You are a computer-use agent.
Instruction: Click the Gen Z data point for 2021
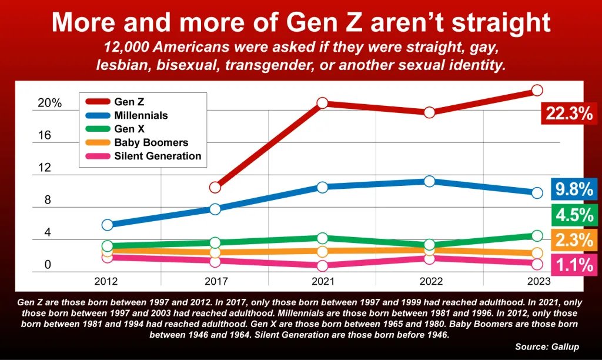(322, 103)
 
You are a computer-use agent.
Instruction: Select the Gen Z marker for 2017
(215, 187)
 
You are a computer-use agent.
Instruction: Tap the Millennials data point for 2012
(108, 225)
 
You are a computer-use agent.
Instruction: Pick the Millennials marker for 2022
(430, 181)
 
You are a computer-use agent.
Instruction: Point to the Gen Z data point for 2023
(537, 90)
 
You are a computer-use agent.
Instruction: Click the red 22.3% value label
(568, 114)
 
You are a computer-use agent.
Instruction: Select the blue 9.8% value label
(573, 189)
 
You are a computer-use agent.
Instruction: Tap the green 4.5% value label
(573, 215)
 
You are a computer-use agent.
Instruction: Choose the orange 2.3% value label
(573, 240)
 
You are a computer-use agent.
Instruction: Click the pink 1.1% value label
(573, 265)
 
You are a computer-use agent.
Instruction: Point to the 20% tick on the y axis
(50, 104)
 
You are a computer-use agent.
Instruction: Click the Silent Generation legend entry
(158, 156)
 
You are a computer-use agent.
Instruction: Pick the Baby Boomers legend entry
(151, 143)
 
